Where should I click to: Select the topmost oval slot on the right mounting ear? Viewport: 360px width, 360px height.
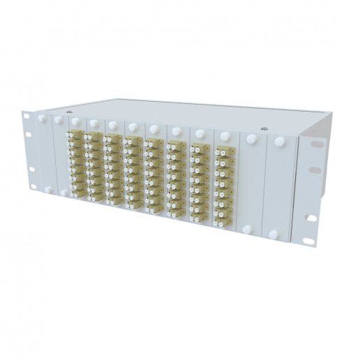(317, 144)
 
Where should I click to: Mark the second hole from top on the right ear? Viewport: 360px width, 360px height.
(316, 170)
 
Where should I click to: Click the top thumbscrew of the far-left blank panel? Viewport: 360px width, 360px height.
(41, 119)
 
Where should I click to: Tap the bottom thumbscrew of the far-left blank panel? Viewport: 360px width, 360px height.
(47, 189)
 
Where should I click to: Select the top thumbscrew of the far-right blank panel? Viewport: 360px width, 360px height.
(280, 142)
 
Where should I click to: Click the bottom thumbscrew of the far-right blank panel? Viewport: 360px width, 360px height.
(273, 235)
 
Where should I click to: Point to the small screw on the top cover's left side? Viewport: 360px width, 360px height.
(68, 112)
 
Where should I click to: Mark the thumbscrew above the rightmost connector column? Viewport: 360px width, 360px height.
(224, 136)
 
